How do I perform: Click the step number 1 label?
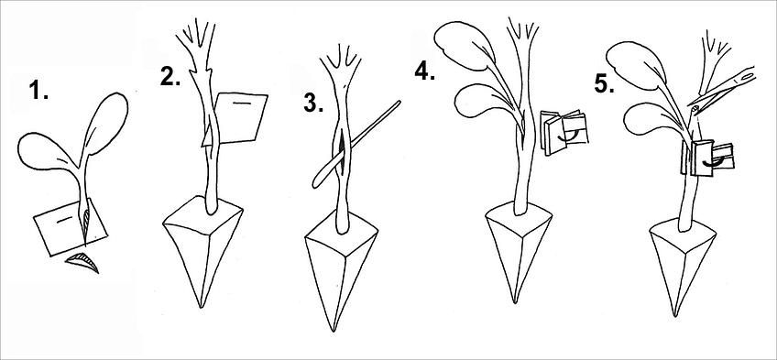38,91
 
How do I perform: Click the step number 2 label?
170,77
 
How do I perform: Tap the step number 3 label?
313,104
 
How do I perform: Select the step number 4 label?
425,71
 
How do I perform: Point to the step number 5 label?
605,84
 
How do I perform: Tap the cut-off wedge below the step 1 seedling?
83,262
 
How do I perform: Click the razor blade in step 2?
241,118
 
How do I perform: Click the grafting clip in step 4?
564,131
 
